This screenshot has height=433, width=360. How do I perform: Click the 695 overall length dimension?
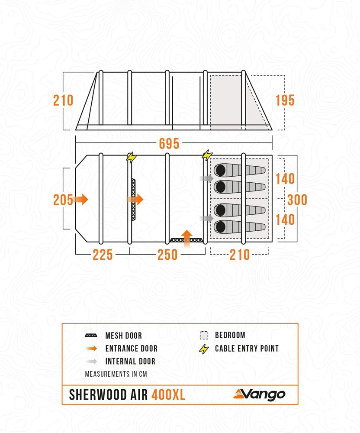[x=169, y=144]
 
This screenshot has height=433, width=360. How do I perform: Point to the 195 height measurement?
[x=285, y=100]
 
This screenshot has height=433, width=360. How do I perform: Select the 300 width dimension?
[x=297, y=199]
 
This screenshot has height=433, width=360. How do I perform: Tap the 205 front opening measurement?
[x=63, y=200]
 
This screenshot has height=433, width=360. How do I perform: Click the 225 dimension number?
[x=103, y=255]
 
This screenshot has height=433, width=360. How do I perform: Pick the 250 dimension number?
[x=167, y=255]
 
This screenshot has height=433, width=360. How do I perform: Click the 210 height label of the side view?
[x=63, y=100]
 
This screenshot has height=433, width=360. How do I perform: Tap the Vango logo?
[x=259, y=394]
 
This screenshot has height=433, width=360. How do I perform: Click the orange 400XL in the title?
[x=168, y=395]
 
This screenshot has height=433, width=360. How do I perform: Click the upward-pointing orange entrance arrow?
[x=186, y=237]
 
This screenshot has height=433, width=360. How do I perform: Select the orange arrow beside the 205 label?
[x=80, y=199]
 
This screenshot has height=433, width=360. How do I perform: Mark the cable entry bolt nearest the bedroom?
[x=208, y=155]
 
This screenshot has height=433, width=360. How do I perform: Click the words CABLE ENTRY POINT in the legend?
[x=247, y=349]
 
